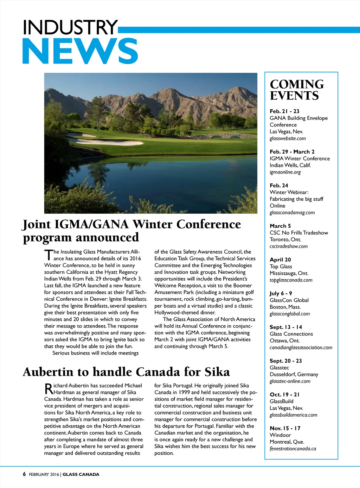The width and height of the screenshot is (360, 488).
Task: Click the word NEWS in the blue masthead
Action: point(80,51)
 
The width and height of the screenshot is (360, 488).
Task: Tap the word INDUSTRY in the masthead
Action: point(70,27)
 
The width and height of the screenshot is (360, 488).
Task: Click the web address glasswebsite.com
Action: point(288,138)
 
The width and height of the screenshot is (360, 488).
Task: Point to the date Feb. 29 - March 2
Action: point(292,152)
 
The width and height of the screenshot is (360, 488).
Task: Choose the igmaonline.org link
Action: point(285,172)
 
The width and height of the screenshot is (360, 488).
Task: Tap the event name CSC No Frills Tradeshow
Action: point(298,233)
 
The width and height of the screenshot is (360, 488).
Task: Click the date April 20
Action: point(280,260)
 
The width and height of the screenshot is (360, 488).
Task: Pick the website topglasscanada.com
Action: point(291,280)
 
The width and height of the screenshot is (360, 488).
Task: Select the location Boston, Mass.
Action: point(285,307)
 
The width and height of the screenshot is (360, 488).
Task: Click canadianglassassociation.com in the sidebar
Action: point(301,347)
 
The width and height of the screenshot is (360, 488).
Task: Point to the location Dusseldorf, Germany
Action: point(294,375)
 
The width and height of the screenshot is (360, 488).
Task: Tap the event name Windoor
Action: point(280,435)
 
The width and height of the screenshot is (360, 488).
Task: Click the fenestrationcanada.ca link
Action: point(292,449)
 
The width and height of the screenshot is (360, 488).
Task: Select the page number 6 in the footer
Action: point(24,474)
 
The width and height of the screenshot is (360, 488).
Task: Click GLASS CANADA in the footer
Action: point(81,474)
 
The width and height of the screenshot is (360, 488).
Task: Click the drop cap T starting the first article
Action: point(48,255)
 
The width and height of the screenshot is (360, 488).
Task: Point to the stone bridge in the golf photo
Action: point(232,135)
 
